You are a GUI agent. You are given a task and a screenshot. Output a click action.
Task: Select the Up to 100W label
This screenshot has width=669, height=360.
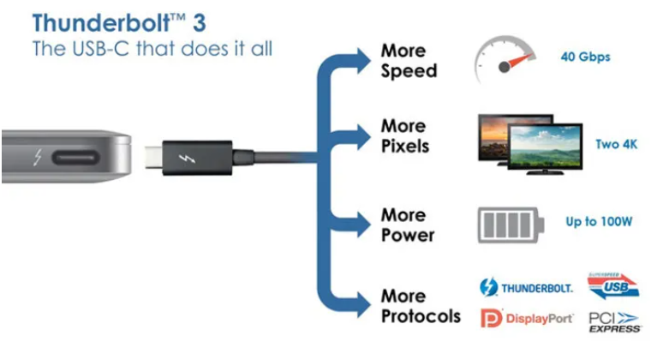click(599, 221)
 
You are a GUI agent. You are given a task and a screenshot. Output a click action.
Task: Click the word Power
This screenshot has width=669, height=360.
click(408, 235)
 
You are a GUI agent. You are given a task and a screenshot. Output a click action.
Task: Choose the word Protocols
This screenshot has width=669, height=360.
click(421, 316)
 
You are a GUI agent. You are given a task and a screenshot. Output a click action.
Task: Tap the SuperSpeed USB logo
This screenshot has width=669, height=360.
click(613, 286)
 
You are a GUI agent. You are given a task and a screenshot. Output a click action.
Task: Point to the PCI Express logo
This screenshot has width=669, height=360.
click(614, 322)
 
